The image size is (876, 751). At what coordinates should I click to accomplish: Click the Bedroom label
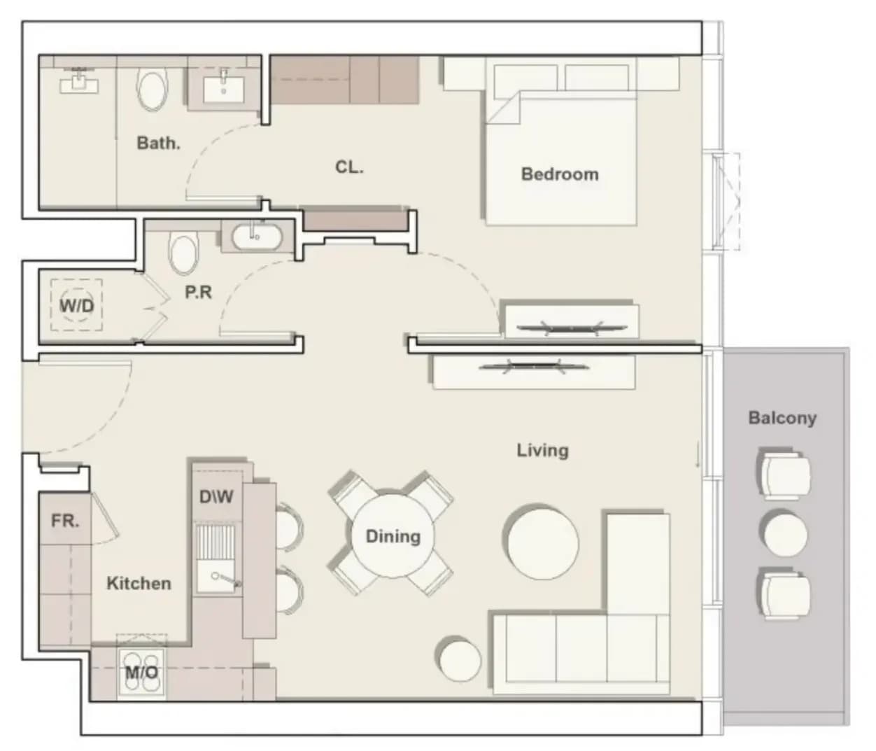(x=560, y=174)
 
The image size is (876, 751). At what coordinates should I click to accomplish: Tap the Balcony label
(x=782, y=418)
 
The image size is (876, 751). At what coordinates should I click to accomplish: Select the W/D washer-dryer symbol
(x=76, y=304)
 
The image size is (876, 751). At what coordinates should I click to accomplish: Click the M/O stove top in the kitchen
(x=141, y=672)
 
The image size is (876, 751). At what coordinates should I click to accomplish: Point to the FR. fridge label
(x=65, y=521)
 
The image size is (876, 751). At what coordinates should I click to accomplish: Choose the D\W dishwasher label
(x=216, y=496)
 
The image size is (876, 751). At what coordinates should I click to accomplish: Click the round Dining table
(x=393, y=536)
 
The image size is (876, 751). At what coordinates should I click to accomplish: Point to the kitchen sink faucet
(x=227, y=580)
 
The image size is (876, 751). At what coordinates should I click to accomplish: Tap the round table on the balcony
(x=785, y=534)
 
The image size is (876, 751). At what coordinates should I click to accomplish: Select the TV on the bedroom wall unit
(x=572, y=328)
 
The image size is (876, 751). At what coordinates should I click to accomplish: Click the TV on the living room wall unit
(x=534, y=366)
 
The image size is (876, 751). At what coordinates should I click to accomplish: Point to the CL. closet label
(x=349, y=167)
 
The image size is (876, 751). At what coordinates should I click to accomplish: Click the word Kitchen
(x=139, y=584)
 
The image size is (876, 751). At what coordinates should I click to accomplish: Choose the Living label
(x=542, y=450)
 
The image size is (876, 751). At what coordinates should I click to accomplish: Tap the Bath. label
(x=159, y=143)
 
